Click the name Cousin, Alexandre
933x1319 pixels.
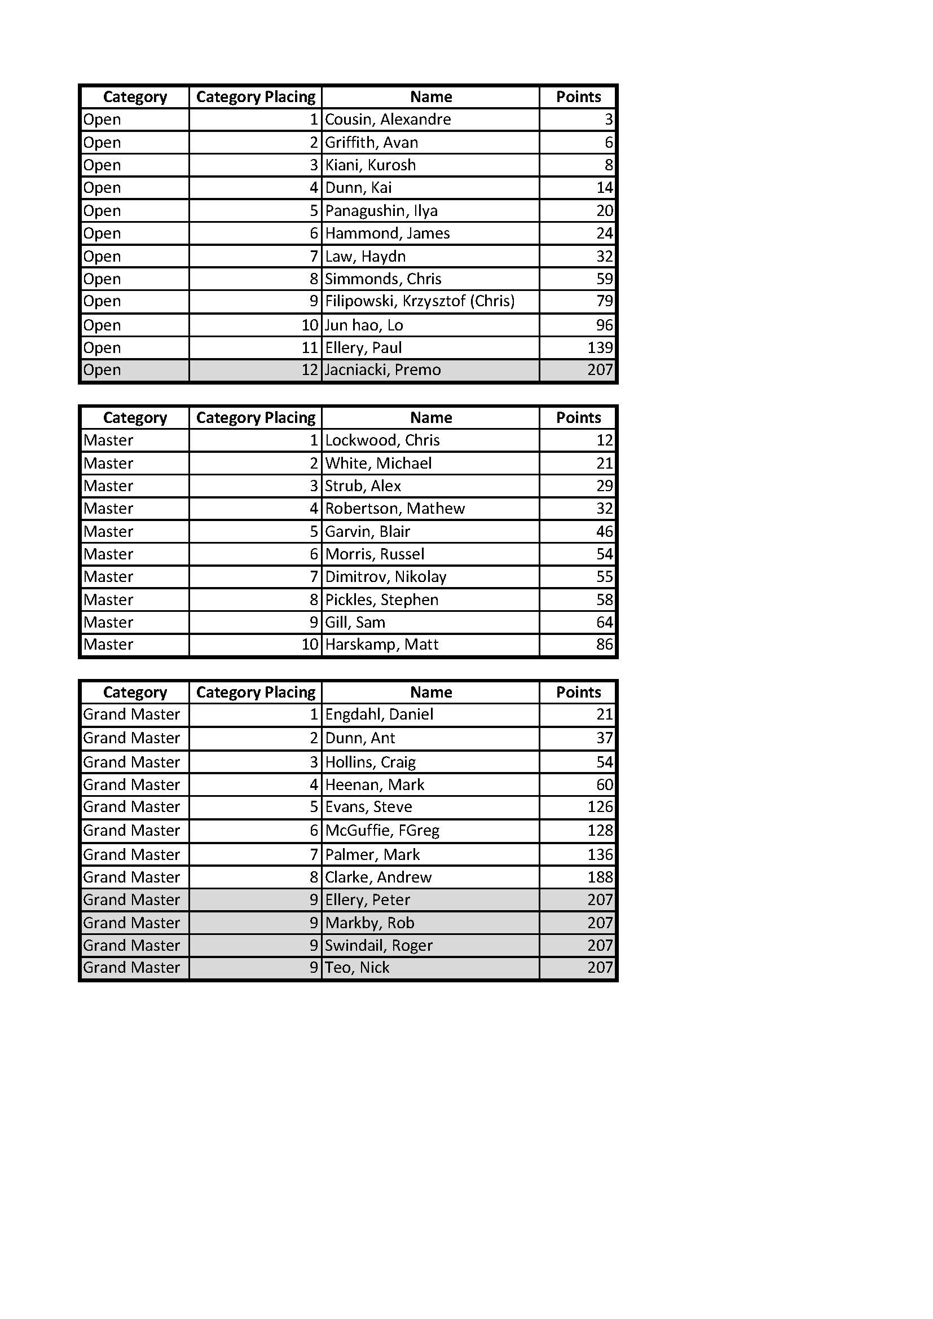pos(388,120)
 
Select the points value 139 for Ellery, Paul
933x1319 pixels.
pos(600,347)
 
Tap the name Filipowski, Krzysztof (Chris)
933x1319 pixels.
pos(419,301)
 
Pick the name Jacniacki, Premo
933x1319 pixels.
pos(382,370)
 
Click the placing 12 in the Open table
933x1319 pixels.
pos(310,370)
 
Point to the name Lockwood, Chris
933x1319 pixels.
pos(382,440)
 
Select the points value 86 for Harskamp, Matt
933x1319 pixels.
pos(604,645)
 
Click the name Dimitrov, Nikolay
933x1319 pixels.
pos(385,577)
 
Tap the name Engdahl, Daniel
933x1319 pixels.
pos(379,714)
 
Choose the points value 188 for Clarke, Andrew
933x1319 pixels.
pos(600,877)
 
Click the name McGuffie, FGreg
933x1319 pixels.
pos(382,831)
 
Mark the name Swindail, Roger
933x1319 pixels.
pos(379,946)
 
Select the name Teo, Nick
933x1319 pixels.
pos(357,968)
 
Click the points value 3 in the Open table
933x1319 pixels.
pos(609,120)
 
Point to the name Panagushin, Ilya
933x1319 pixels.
pos(381,211)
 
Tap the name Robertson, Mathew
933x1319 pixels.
pos(395,509)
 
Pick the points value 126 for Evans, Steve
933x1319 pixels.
pos(600,807)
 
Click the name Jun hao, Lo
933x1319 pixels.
pos(364,325)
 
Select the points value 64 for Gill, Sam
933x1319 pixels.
pos(604,622)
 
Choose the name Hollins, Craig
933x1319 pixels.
pos(370,762)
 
